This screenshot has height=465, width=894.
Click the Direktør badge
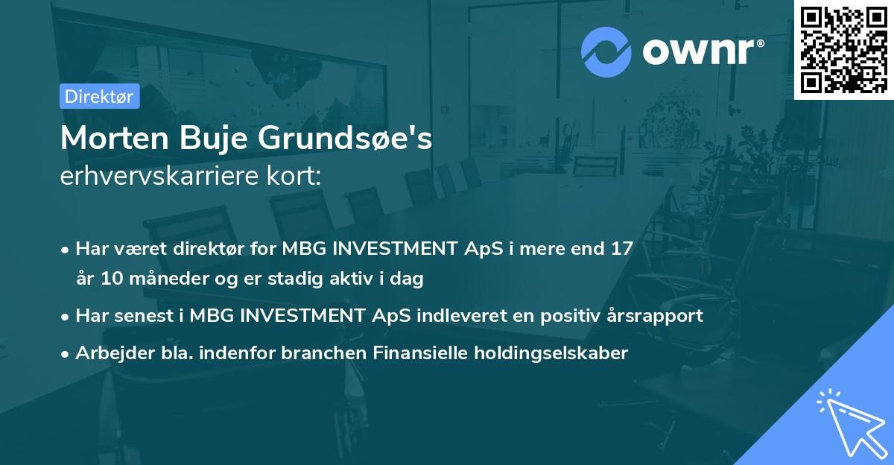click(99, 96)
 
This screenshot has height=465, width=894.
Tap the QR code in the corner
click(843, 49)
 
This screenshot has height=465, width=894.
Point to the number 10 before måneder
click(109, 279)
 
